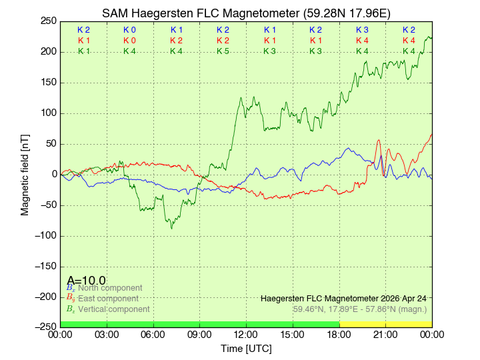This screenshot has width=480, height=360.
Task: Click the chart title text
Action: tap(246, 13)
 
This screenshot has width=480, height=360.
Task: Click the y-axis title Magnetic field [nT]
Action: tap(25, 174)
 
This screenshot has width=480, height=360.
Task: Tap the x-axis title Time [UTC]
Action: tap(246, 349)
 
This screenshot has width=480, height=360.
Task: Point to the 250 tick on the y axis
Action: tap(48, 21)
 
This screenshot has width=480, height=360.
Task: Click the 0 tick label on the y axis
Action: tap(53, 174)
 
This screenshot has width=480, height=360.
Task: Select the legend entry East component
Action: tap(108, 299)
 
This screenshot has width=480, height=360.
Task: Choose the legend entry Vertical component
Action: tap(113, 309)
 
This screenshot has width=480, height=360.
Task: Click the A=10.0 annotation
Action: tap(86, 281)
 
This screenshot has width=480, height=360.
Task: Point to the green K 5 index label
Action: tap(223, 51)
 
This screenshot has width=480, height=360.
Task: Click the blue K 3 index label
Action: tap(362, 30)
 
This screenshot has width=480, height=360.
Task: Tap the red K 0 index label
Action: tap(129, 41)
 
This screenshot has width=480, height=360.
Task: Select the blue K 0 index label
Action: tap(129, 30)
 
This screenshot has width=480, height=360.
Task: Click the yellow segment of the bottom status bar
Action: tap(385, 324)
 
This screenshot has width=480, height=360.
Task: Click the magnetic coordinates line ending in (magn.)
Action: tap(360, 309)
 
